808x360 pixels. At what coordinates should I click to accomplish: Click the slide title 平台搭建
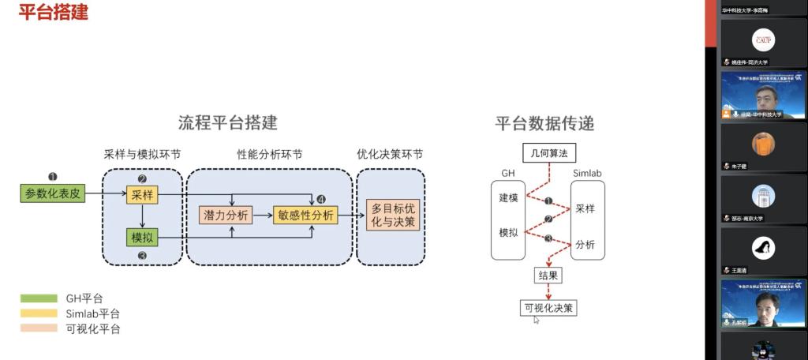(53, 13)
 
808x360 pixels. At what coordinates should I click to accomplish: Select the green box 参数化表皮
(53, 193)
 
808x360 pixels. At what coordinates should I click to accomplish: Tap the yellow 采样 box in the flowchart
(142, 193)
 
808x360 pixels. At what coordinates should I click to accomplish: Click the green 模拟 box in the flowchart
(142, 236)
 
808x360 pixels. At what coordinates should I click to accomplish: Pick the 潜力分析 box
(226, 215)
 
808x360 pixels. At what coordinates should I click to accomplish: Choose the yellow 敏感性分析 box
(305, 215)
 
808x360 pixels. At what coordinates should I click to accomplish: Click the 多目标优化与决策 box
(392, 215)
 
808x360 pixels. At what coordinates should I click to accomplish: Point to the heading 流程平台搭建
(227, 123)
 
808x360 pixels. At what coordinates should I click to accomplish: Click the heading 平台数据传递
(544, 123)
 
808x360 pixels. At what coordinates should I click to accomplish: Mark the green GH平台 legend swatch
(39, 298)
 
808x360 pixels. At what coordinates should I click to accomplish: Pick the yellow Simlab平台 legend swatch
(39, 313)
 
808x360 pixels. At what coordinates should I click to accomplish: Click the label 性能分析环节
(270, 155)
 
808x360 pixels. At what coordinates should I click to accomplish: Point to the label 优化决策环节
(390, 155)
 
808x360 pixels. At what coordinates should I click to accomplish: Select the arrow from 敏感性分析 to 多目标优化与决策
(351, 215)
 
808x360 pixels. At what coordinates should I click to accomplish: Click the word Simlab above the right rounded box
(587, 172)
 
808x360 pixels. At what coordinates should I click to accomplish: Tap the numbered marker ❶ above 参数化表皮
(53, 177)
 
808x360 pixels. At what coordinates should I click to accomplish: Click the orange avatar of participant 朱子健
(763, 144)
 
